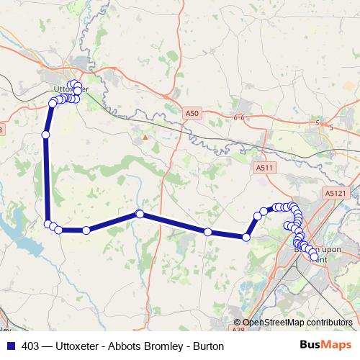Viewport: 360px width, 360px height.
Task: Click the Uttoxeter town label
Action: click(66, 89)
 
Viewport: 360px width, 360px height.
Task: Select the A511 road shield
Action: click(266, 167)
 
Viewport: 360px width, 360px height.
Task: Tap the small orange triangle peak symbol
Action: click(145, 136)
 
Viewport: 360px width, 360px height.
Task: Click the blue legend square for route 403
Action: click(9, 346)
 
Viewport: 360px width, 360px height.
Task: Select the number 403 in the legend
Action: click(30, 346)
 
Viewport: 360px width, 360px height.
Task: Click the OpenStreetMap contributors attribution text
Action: click(297, 323)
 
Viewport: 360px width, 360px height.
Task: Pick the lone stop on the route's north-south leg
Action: click(45, 135)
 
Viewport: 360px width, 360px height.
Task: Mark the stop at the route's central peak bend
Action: click(140, 214)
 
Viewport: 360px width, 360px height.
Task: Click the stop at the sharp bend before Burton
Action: click(246, 236)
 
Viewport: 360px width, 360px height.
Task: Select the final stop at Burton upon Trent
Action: click(314, 256)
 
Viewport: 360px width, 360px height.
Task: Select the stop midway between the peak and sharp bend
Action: click(207, 232)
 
